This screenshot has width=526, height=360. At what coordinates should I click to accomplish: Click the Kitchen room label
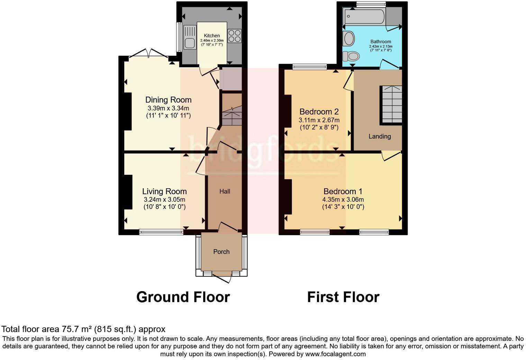tap(211, 36)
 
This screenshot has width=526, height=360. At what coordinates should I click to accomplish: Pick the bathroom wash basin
tap(348, 38)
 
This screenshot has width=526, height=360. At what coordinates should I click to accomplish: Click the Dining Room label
tap(168, 100)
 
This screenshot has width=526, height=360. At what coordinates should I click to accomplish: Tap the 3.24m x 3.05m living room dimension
tap(164, 199)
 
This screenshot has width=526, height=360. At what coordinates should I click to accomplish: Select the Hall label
tap(225, 191)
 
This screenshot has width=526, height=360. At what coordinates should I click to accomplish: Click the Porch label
tap(221, 252)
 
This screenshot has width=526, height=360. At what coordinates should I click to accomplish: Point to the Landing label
tap(380, 136)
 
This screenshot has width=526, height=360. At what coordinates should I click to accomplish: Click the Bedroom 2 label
tap(319, 112)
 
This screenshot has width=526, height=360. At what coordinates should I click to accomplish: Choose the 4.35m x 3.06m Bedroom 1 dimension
tap(343, 199)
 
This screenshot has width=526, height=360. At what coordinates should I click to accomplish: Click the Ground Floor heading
tap(183, 297)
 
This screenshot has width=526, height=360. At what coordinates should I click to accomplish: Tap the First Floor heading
tap(343, 297)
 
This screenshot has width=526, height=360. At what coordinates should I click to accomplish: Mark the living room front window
tap(161, 232)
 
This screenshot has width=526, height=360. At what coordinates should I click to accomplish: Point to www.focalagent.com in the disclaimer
tap(335, 354)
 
